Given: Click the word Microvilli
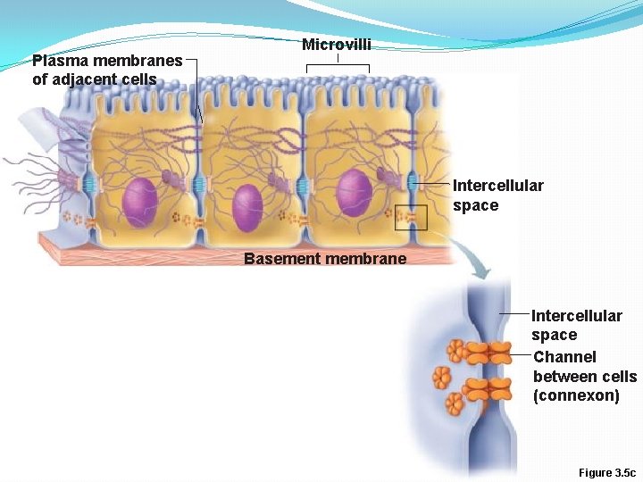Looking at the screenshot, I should coord(336,45).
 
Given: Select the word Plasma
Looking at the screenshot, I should coord(56,61).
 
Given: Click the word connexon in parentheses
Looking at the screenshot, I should coord(576,396).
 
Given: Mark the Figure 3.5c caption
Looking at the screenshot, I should coord(607,472).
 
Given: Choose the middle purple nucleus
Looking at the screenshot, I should coord(247,209).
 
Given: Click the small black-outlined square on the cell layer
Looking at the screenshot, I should coord(412,217).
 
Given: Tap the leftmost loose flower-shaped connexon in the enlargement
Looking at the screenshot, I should coord(440,378).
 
